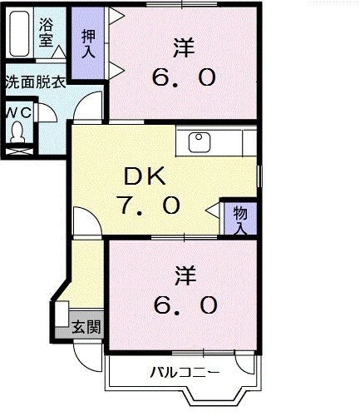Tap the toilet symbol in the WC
point(18,131)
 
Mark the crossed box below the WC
point(18,151)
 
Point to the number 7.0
point(149,206)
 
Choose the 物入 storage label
point(239,219)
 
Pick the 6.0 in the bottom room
point(185,305)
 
